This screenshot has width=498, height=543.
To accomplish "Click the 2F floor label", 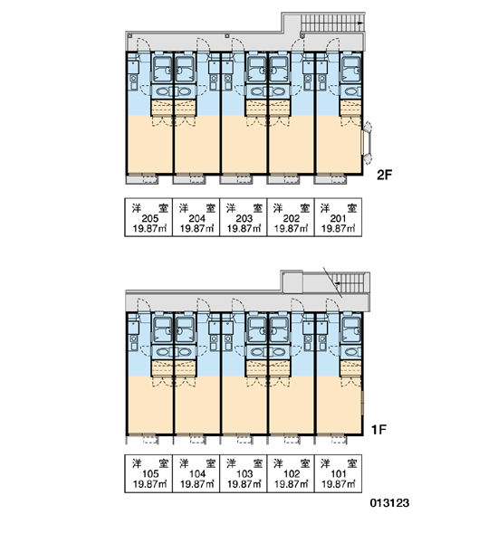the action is [x=384, y=175].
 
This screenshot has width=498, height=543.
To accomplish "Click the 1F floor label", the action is [x=378, y=430].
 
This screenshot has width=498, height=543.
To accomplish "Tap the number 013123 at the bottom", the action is [x=389, y=502].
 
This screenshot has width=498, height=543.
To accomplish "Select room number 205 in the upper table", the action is [x=149, y=218].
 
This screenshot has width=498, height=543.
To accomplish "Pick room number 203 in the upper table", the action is [x=244, y=218].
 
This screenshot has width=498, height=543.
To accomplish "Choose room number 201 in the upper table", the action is [x=338, y=218].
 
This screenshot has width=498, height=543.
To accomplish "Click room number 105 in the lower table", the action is [x=150, y=473].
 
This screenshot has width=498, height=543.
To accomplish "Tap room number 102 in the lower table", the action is [x=292, y=473].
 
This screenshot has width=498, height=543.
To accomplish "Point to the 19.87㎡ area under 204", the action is [x=196, y=229].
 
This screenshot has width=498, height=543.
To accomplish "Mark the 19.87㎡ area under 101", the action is [x=339, y=484].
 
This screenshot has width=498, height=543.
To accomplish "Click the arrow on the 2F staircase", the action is [x=360, y=24].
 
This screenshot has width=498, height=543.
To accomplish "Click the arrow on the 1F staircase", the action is [x=337, y=283].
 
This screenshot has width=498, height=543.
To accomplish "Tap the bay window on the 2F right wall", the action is [x=367, y=142].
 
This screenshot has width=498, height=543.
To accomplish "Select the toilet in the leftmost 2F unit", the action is [x=162, y=91].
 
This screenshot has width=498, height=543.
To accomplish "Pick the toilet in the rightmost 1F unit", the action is [x=351, y=352].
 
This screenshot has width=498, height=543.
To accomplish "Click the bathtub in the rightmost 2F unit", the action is [x=351, y=70].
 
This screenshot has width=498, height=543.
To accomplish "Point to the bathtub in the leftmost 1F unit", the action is [x=162, y=330].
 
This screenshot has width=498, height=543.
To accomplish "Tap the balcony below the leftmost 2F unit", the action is [x=142, y=180].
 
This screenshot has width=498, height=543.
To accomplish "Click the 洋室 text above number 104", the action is [x=197, y=463].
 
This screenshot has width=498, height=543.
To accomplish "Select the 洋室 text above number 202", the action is [x=292, y=208].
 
